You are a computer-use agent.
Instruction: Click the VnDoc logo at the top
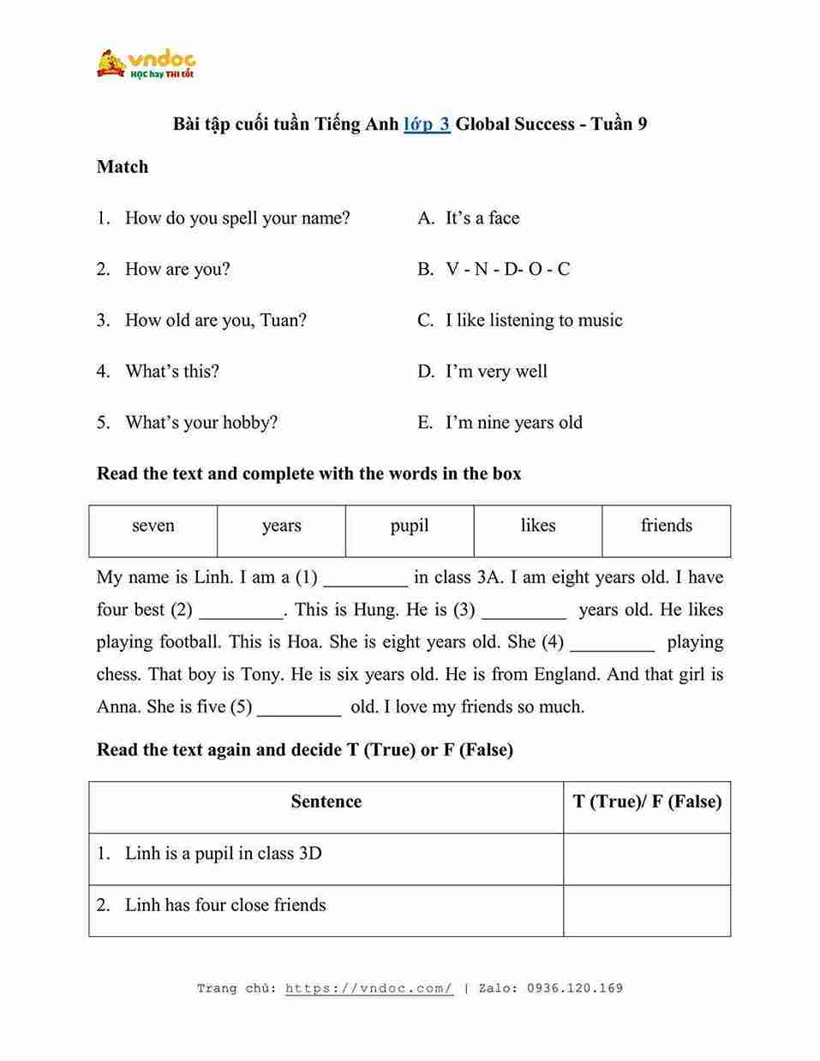coord(146,64)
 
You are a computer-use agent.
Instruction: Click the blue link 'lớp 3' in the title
coord(427,124)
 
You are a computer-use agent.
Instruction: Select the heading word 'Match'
coord(123,167)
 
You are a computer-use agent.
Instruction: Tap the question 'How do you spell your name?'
coord(237,218)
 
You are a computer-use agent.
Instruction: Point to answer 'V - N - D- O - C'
coord(507,270)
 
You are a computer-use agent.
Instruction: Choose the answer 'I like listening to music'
coord(534,320)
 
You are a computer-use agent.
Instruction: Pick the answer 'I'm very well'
coord(496,372)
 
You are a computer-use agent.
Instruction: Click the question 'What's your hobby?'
coord(201,423)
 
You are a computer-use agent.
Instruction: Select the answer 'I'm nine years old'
coord(513,423)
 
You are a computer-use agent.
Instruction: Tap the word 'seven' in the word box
coord(153,526)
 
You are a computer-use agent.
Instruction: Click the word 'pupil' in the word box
coord(410,526)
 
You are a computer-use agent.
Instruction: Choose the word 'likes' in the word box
coord(538,526)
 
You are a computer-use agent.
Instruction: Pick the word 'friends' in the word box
coord(667,526)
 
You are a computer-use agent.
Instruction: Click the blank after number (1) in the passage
coord(366,580)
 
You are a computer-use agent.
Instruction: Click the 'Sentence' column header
coord(326,802)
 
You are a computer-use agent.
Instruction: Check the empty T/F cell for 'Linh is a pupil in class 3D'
coord(647,859)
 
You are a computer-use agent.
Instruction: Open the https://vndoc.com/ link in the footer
coord(369,988)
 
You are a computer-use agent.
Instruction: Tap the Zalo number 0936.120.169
coord(575,988)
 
